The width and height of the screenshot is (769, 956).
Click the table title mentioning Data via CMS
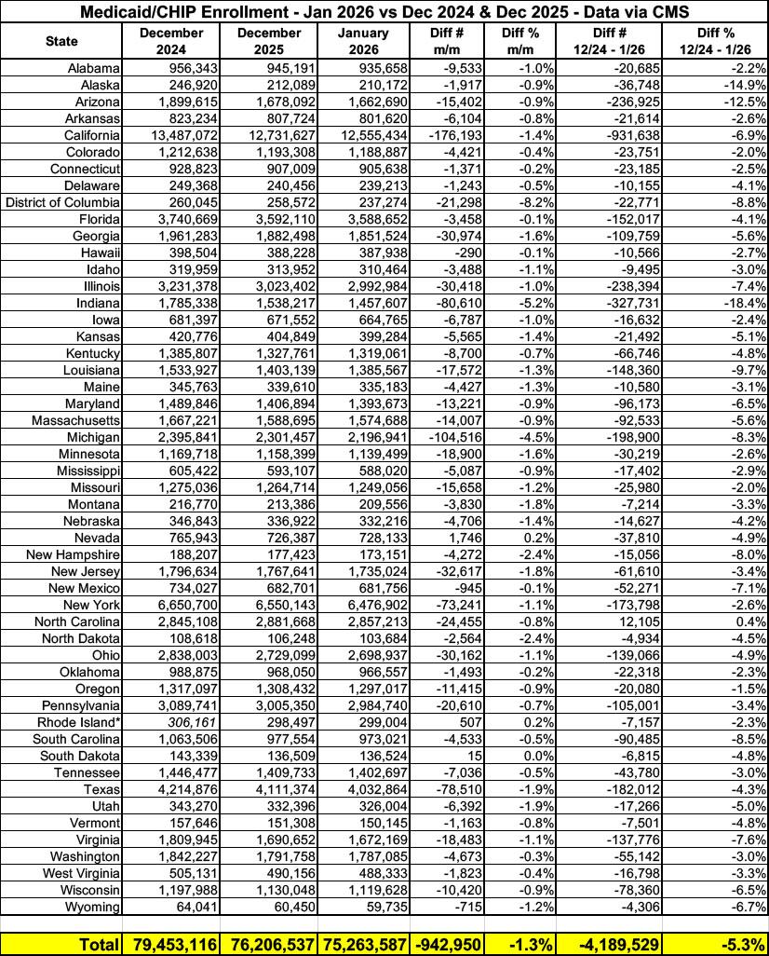(x=384, y=12)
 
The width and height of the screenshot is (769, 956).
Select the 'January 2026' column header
(x=362, y=41)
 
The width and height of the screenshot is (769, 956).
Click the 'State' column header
(x=61, y=41)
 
